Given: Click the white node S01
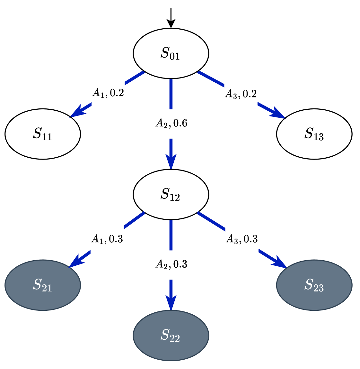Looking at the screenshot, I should click(171, 53).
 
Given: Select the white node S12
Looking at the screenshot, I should click(171, 195).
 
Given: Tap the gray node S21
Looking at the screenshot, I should click(43, 285).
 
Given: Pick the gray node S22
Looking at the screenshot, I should click(171, 335).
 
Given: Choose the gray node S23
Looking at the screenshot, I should click(314, 285).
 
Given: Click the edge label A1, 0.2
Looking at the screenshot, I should click(108, 93).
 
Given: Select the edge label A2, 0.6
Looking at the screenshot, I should click(171, 124).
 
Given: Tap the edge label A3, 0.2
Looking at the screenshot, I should click(241, 94).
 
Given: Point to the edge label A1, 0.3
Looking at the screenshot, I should click(107, 239).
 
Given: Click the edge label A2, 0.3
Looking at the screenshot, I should click(171, 265).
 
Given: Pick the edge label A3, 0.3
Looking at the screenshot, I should click(241, 239).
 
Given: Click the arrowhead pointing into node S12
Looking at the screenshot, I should click(171, 161).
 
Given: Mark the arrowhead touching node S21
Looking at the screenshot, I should click(76, 261).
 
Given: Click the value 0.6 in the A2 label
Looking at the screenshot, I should click(180, 124).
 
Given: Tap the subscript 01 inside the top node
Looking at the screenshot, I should click(175, 57).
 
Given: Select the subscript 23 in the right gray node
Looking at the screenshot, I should click(319, 288).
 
